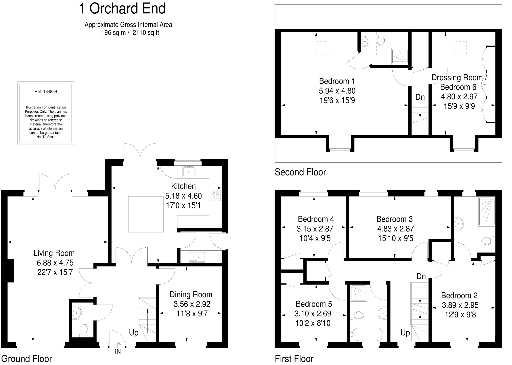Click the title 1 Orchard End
[x=122, y=8]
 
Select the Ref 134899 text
[x=46, y=92]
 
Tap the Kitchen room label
[x=183, y=186]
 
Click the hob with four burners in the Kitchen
[x=215, y=195]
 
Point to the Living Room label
[x=54, y=253]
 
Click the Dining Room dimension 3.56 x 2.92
[x=192, y=304]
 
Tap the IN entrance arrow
[x=118, y=345]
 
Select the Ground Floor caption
[x=27, y=359]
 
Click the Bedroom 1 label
[x=337, y=81]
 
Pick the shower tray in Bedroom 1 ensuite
[x=399, y=56]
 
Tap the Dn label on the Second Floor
[x=420, y=97]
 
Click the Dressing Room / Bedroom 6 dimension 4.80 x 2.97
[x=459, y=97]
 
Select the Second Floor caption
[x=300, y=172]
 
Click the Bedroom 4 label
[x=316, y=219]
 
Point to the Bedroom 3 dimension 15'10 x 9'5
[x=396, y=238]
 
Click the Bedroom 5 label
[x=314, y=304]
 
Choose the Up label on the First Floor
[x=405, y=333]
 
